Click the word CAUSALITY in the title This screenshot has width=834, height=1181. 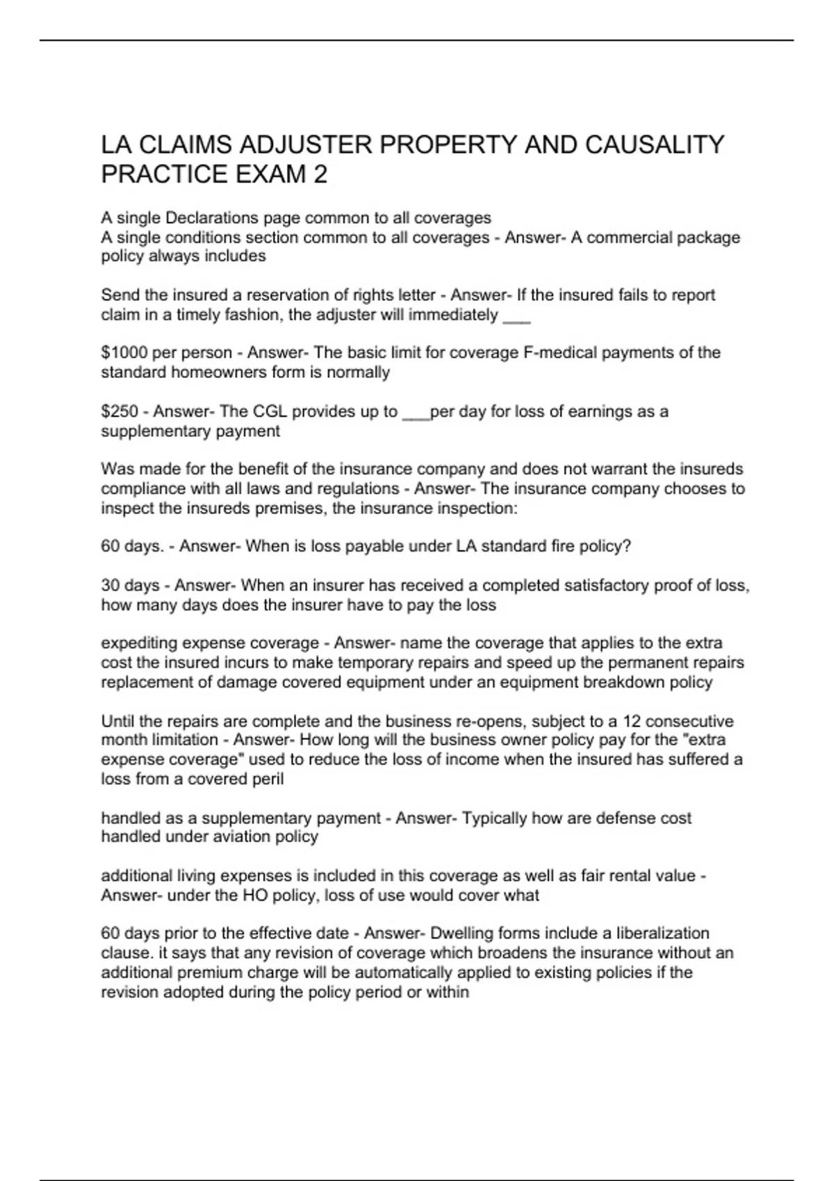click(x=655, y=145)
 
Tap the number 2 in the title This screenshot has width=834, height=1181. click(x=320, y=174)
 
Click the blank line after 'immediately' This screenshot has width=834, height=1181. click(x=516, y=316)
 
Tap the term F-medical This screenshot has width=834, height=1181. click(x=559, y=353)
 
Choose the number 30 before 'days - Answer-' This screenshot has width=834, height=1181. click(x=111, y=586)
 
